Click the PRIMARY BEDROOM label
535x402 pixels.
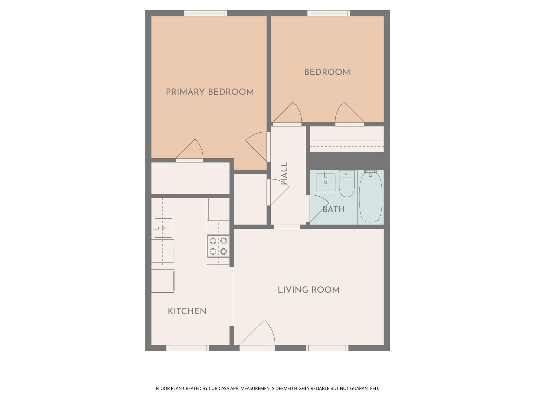pos(210,92)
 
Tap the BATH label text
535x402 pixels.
pos(333,209)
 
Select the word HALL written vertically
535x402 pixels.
pos(284,173)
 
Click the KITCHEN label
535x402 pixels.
pos(187,311)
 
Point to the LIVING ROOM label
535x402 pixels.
pos(309,290)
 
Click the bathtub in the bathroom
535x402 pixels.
pos(370,198)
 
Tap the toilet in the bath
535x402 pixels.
pos(347,184)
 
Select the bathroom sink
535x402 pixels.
pos(325,182)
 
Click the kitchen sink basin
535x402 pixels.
pos(163,228)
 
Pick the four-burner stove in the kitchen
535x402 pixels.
pos(218,246)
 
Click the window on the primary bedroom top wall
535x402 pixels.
pos(206,13)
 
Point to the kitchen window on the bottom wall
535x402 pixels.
pos(188,348)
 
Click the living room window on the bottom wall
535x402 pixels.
pos(327,348)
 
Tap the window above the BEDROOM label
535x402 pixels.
pos(329,13)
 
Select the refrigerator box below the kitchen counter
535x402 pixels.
pos(162,281)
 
